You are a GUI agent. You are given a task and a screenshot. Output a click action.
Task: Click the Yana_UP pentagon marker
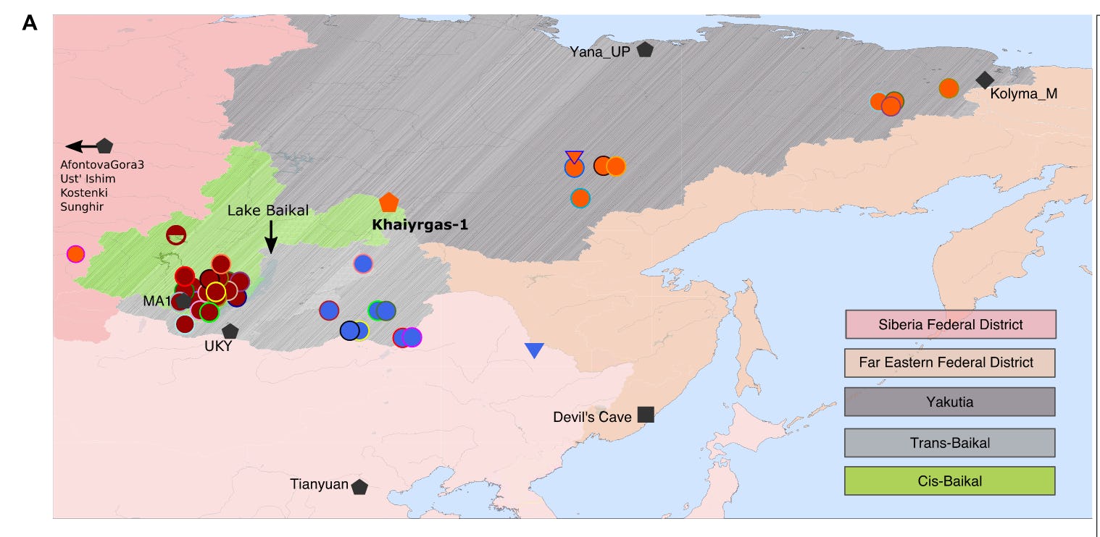point(644,50)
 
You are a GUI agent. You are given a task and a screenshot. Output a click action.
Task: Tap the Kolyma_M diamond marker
point(985,80)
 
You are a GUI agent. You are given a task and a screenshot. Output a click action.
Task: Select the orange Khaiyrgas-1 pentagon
point(389,203)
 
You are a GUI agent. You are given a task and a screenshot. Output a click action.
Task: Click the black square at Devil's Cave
point(646,415)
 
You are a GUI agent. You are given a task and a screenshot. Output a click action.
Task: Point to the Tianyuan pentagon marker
point(359,487)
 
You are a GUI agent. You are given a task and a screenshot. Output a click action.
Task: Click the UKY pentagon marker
point(230,331)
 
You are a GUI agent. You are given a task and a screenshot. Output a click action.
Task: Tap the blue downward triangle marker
point(534,351)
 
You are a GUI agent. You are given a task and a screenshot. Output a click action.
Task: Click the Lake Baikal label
point(268,211)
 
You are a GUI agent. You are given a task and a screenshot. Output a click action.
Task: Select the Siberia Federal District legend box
point(950,324)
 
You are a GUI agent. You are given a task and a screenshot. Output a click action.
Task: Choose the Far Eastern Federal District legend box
point(950,362)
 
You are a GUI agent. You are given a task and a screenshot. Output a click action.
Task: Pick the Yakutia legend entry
point(950,402)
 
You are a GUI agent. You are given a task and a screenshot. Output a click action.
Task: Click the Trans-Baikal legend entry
point(950,442)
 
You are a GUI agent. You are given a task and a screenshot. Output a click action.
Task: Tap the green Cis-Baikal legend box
point(950,481)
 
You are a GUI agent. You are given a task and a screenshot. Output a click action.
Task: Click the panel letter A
point(30,23)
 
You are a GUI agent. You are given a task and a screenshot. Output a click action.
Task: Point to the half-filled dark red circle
point(176,234)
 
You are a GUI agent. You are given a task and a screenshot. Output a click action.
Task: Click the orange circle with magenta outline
point(75,254)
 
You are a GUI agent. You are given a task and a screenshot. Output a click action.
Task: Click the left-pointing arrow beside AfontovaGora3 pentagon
point(80,146)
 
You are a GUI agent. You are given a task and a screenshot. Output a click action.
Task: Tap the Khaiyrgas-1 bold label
point(420,224)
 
